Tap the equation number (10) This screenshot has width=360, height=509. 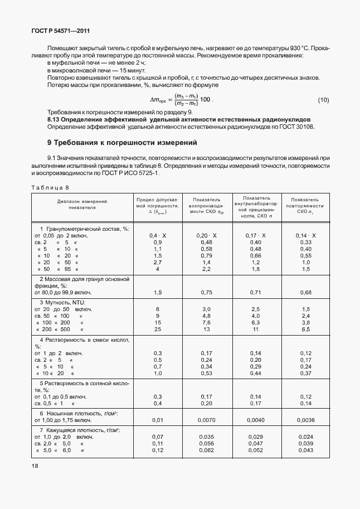point(323,100)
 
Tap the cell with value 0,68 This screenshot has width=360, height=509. point(305,292)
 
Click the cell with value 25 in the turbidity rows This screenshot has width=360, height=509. point(157,329)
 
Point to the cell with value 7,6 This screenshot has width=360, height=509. point(206,322)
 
